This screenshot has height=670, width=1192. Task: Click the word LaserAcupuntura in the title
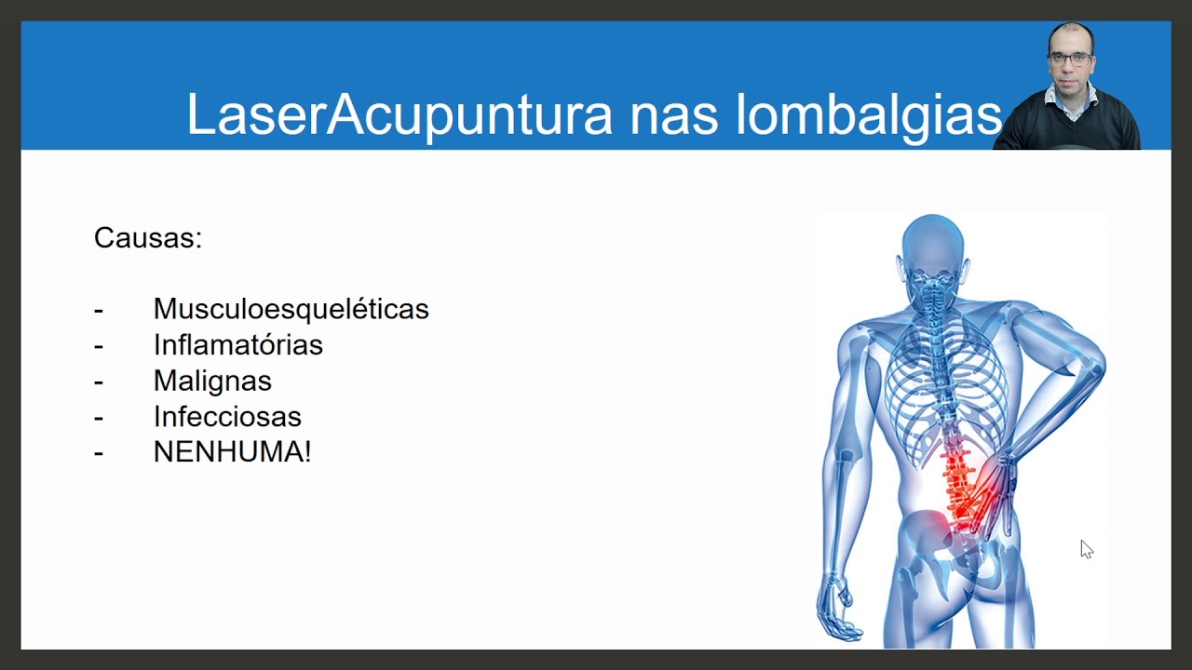click(400, 114)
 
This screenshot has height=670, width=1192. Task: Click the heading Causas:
click(148, 238)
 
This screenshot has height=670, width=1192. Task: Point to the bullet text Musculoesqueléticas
click(291, 309)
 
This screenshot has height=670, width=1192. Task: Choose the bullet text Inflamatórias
click(237, 345)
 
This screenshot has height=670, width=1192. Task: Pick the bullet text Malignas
click(212, 381)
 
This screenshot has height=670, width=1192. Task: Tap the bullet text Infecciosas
click(227, 417)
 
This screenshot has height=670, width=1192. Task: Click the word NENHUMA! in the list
click(232, 452)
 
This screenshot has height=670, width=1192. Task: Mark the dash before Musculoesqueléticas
click(99, 310)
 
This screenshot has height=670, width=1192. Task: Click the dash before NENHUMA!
click(99, 453)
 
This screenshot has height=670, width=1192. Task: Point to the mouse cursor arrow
click(1086, 549)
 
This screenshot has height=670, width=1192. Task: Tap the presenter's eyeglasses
click(1069, 58)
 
